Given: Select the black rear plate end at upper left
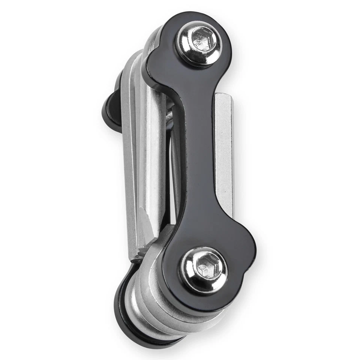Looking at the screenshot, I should [112, 109].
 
